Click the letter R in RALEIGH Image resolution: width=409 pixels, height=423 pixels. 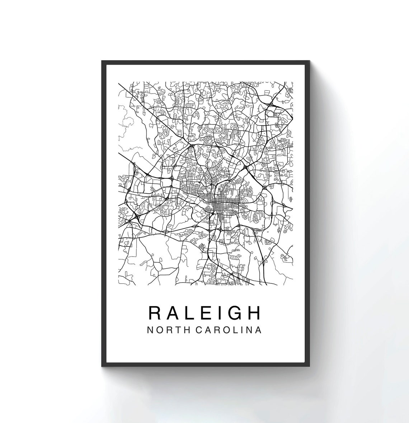(x=155, y=313)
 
